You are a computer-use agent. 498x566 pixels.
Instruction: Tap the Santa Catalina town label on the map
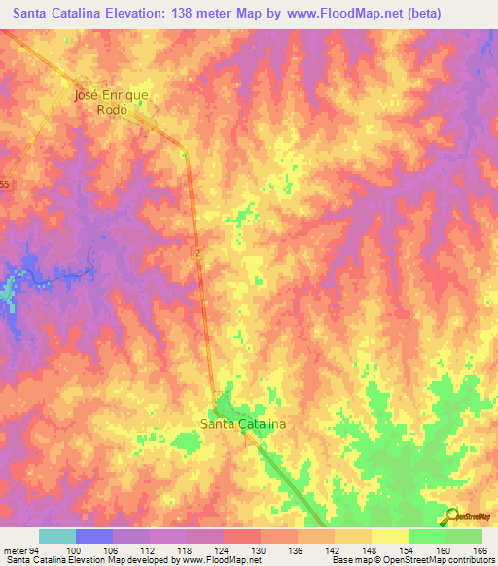pos(241,424)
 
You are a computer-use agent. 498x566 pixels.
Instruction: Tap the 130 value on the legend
pos(260,550)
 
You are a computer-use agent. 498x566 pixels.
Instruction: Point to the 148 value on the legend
pos(371,550)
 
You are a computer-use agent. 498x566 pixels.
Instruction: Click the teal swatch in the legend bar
pos(57,536)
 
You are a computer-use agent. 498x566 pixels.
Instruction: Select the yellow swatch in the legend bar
pos(389,536)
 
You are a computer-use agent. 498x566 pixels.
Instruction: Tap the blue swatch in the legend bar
pos(94,536)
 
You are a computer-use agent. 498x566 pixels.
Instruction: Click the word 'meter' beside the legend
pos(14,550)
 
